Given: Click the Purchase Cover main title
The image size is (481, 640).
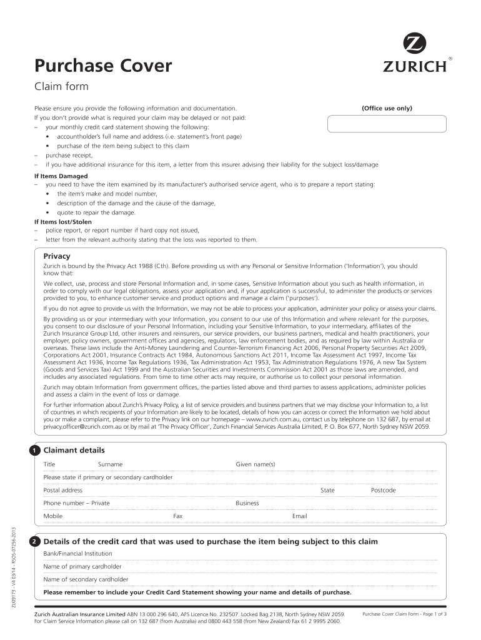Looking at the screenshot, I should [102, 65].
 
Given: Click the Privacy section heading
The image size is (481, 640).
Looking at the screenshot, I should [56, 256].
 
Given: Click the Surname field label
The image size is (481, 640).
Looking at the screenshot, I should [110, 464].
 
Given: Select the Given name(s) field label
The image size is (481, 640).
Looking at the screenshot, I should [255, 464].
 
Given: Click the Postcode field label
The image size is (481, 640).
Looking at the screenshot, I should [383, 491].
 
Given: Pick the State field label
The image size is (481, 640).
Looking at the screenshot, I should [327, 491].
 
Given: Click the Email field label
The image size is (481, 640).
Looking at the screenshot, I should [299, 516].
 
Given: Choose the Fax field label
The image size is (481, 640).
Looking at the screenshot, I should [177, 516].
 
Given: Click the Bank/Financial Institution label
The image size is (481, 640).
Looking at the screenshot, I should [77, 554].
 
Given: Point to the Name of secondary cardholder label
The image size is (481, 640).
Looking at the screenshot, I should [86, 579].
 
